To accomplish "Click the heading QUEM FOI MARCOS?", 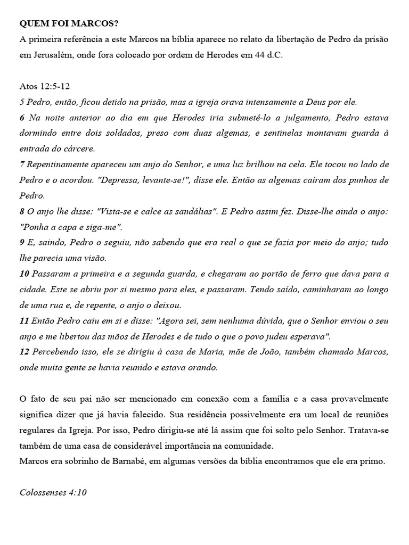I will [x=69, y=24].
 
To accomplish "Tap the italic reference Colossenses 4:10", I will [x=53, y=492].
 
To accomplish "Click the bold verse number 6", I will [x=22, y=118].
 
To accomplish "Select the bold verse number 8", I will [x=22, y=211].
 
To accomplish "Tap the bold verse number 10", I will [x=24, y=274].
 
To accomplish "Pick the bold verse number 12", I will [x=24, y=352].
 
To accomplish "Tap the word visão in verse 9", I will [x=95, y=258].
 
